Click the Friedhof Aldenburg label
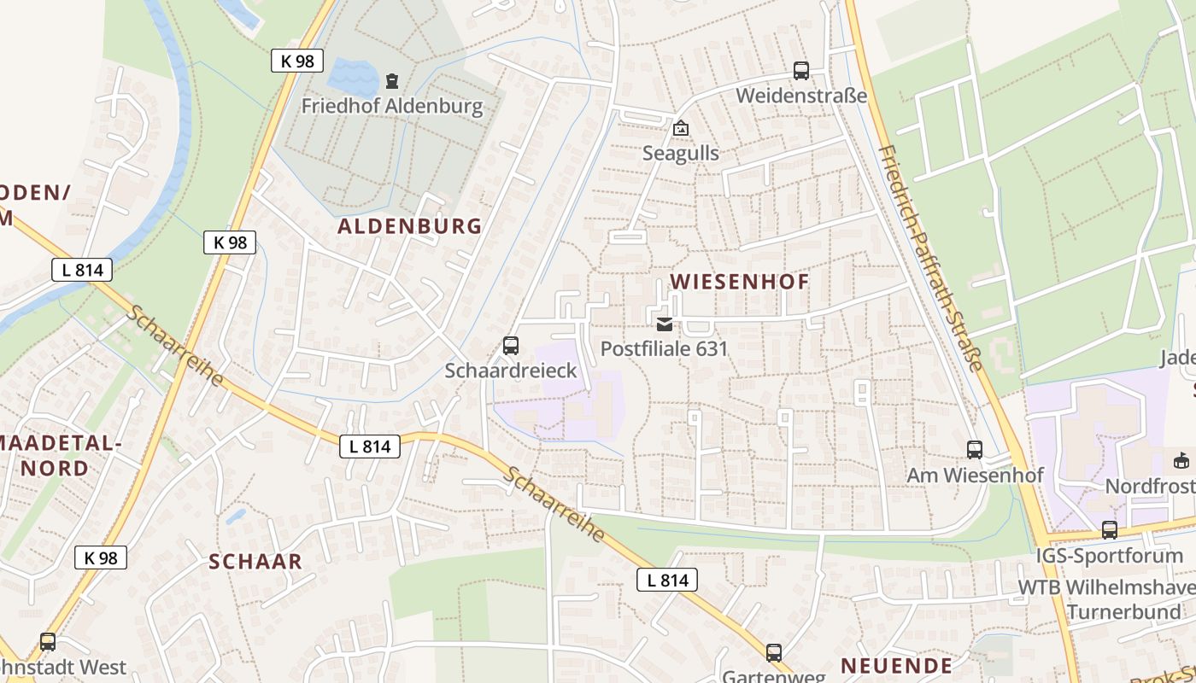pyautogui.click(x=392, y=107)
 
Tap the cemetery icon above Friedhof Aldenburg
pyautogui.click(x=392, y=81)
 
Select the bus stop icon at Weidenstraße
pyautogui.click(x=800, y=71)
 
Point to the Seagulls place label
pyautogui.click(x=681, y=154)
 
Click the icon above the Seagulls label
pyautogui.click(x=681, y=129)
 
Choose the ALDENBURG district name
pyautogui.click(x=410, y=226)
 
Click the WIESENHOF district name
pyautogui.click(x=739, y=282)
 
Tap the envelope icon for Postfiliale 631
pyautogui.click(x=664, y=324)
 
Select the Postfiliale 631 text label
pyautogui.click(x=664, y=348)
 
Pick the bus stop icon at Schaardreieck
pyautogui.click(x=511, y=346)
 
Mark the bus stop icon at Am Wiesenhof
pyautogui.click(x=975, y=450)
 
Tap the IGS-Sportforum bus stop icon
pyautogui.click(x=1110, y=530)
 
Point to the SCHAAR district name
pyautogui.click(x=256, y=561)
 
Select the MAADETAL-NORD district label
pyautogui.click(x=67, y=455)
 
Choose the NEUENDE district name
pyautogui.click(x=896, y=665)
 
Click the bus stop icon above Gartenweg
pyautogui.click(x=774, y=653)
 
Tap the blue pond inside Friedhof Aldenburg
pyautogui.click(x=352, y=76)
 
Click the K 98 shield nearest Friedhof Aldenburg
pyautogui.click(x=296, y=61)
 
